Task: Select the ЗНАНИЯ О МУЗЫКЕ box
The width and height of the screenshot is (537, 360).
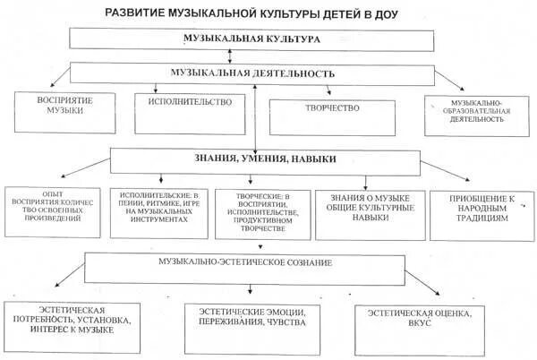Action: (x=366, y=211)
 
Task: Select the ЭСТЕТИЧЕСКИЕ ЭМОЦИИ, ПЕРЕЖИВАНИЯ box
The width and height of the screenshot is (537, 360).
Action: (x=256, y=320)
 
